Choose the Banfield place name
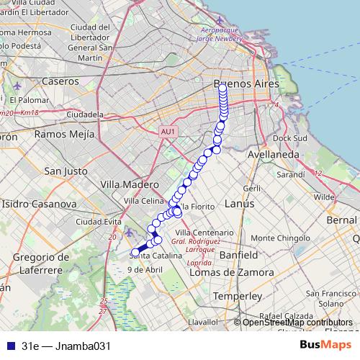(x=238, y=255)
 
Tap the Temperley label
(x=238, y=296)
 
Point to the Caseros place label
(x=60, y=81)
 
